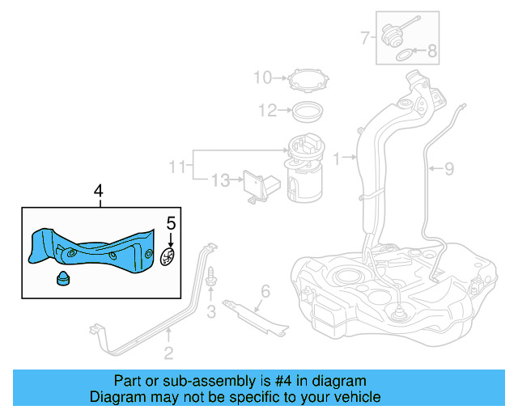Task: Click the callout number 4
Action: pyautogui.click(x=98, y=192)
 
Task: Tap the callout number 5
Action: pyautogui.click(x=170, y=222)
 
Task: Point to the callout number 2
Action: pyautogui.click(x=168, y=352)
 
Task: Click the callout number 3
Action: pyautogui.click(x=210, y=312)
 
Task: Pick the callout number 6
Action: pyautogui.click(x=264, y=291)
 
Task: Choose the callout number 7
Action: pyautogui.click(x=365, y=36)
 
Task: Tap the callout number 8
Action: pyautogui.click(x=431, y=52)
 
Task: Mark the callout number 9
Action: pyautogui.click(x=449, y=168)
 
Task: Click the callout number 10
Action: pyautogui.click(x=263, y=78)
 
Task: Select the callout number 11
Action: pyautogui.click(x=177, y=167)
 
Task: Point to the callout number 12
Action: pyautogui.click(x=268, y=110)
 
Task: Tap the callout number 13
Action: pyautogui.click(x=220, y=180)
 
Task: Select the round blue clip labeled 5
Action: pyautogui.click(x=168, y=258)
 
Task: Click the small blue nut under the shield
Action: pyautogui.click(x=61, y=280)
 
